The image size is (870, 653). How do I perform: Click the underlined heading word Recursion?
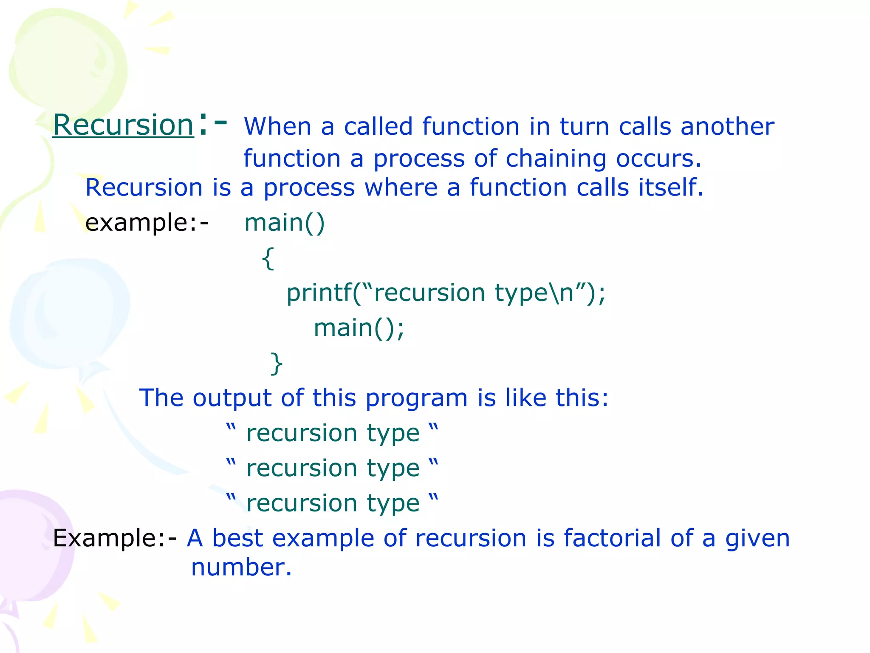pos(123,125)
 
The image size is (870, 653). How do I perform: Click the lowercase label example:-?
pos(147,222)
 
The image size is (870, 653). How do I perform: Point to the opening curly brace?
pos(268,258)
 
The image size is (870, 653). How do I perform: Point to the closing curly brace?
pos(277,363)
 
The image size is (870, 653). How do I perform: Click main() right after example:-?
pos(285,222)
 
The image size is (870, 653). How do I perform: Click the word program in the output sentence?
pos(416,399)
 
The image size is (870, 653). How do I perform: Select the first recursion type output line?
pos(332,433)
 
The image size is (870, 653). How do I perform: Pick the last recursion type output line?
pos(332,503)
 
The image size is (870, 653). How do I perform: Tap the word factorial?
pos(612,538)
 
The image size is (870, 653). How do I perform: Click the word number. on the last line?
pos(241,567)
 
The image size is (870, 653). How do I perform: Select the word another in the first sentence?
pos(727,127)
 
